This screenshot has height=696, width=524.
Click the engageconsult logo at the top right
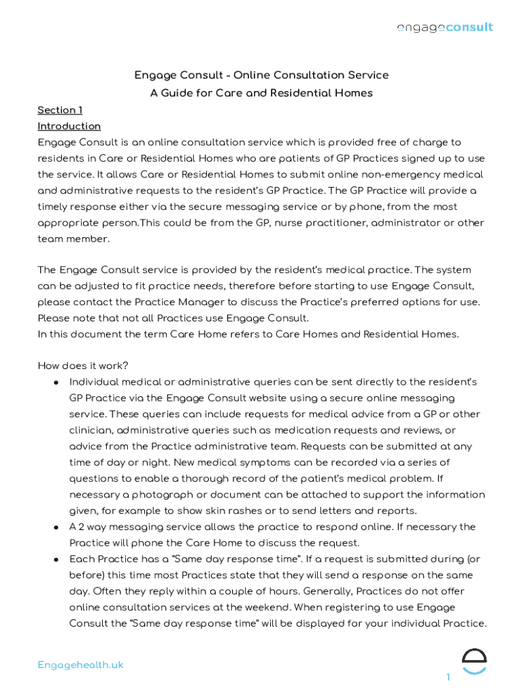pyautogui.click(x=445, y=27)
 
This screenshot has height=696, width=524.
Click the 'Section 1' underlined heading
pyautogui.click(x=60, y=110)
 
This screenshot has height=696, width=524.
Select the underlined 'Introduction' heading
pyautogui.click(x=69, y=126)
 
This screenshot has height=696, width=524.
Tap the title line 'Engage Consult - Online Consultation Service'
pyautogui.click(x=261, y=75)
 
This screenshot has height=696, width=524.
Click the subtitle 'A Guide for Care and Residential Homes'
pyautogui.click(x=261, y=93)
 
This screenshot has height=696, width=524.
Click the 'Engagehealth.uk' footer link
pyautogui.click(x=80, y=665)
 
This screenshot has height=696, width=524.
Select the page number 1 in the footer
pyautogui.click(x=448, y=677)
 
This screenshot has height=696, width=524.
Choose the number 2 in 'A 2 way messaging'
pyautogui.click(x=82, y=527)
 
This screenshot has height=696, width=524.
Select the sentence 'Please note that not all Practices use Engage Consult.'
pyautogui.click(x=173, y=318)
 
